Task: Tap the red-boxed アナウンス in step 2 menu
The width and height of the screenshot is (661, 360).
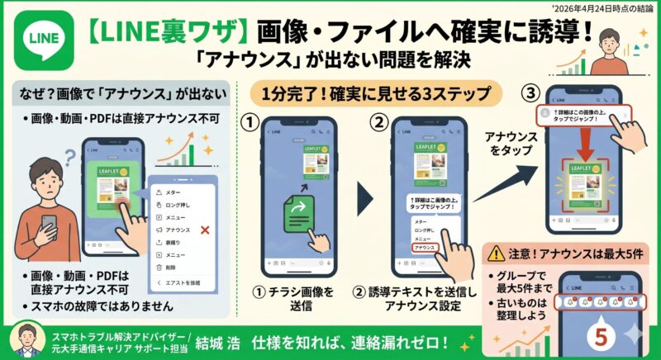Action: tap(426, 248)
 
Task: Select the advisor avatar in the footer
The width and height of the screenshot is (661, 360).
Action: tap(25, 341)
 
